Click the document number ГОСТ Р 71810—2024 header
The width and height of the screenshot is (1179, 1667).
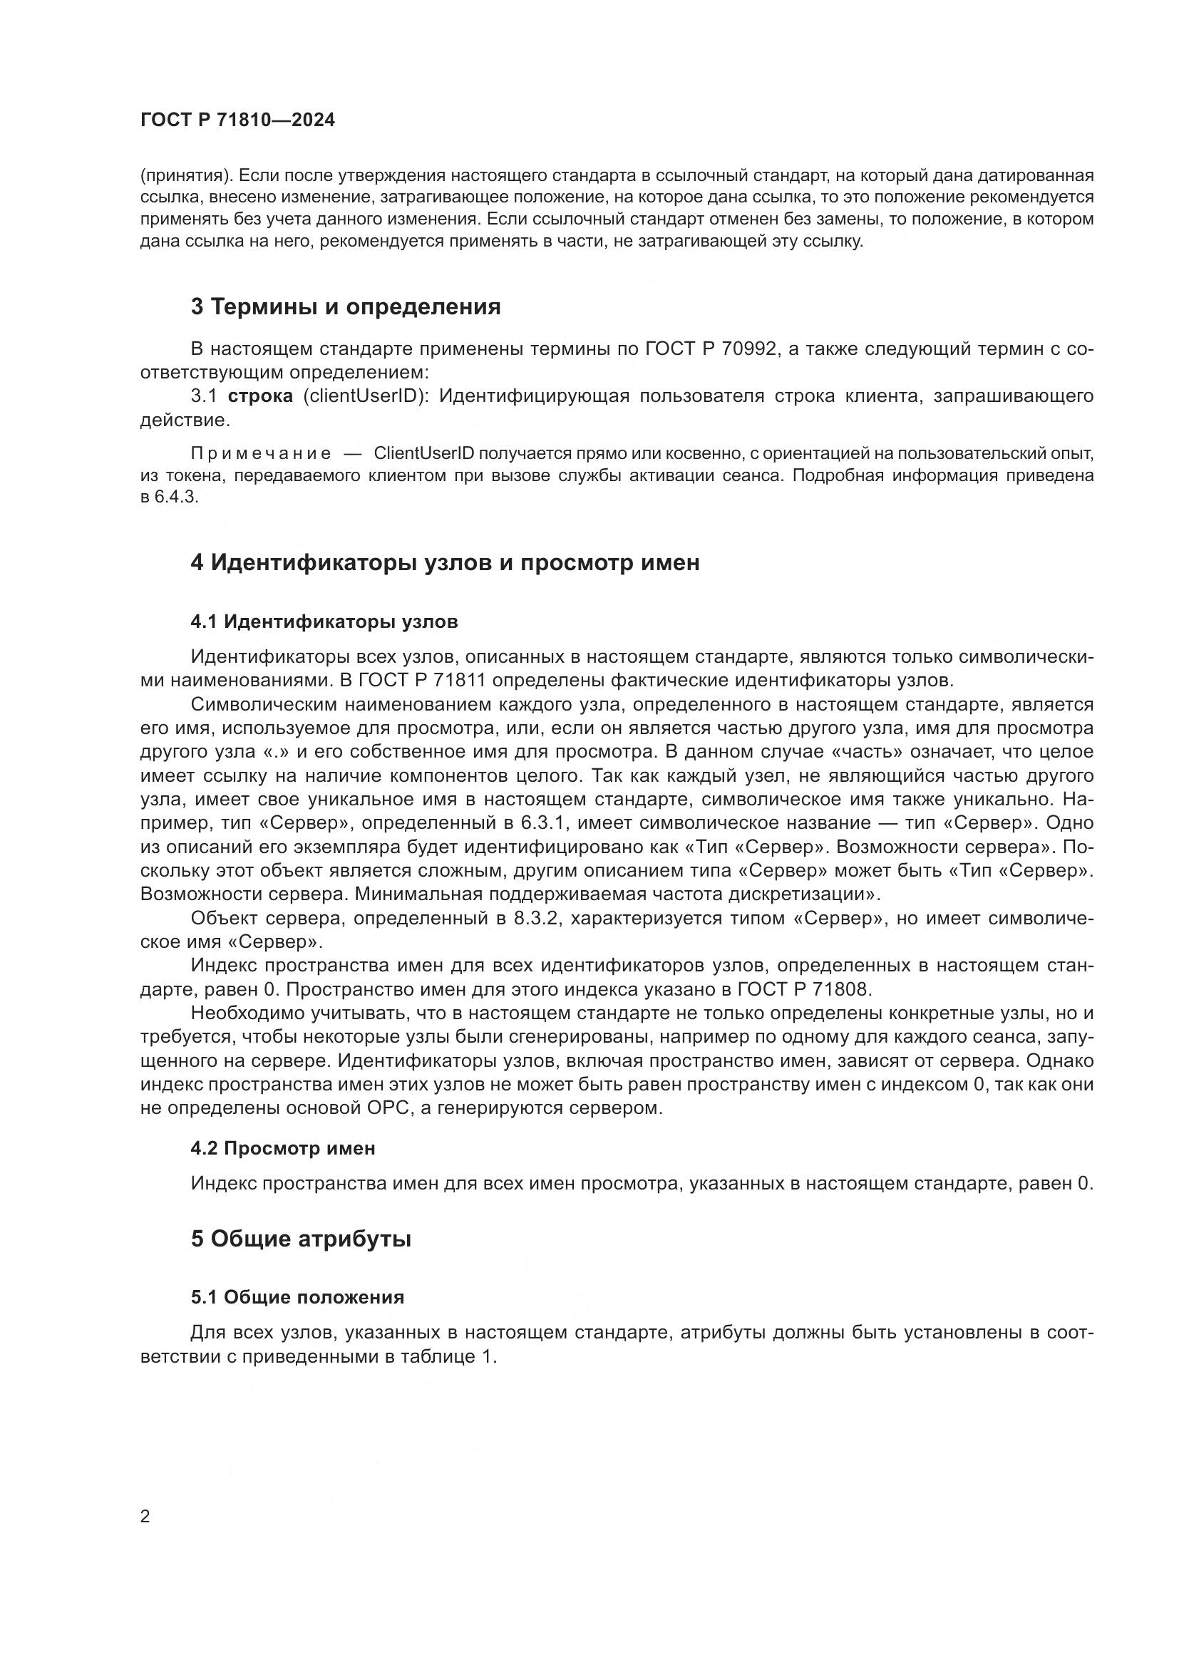237,120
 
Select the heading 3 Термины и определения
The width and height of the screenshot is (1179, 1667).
346,307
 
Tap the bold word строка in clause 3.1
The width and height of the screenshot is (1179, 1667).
261,396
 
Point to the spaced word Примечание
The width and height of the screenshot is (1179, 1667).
261,454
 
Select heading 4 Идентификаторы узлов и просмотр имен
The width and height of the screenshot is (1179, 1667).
445,563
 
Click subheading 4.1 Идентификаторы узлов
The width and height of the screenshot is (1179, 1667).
324,621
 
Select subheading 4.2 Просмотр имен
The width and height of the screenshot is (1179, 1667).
283,1149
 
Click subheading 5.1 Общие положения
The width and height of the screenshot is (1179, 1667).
298,1297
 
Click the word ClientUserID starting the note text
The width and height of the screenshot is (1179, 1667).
424,454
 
